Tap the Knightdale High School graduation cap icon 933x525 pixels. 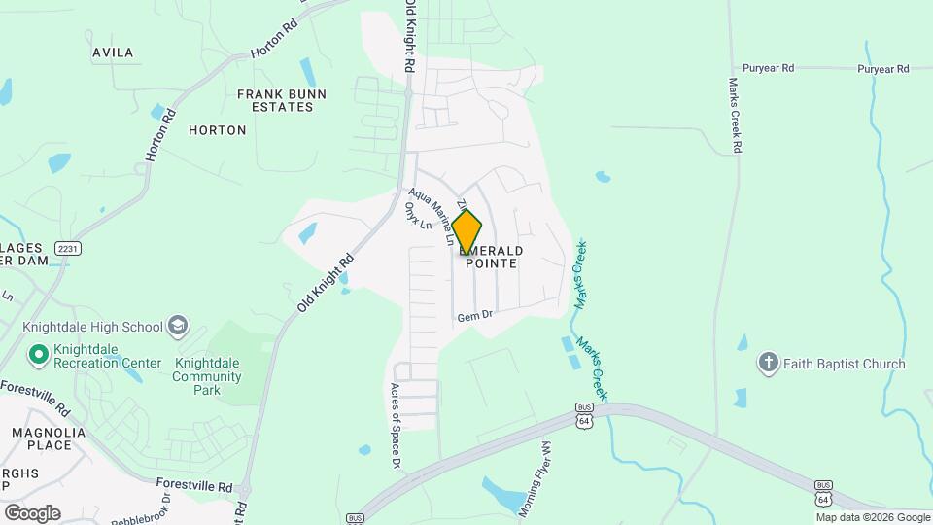[x=178, y=326]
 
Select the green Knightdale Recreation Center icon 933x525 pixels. [x=39, y=354]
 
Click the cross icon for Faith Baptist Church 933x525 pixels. [x=768, y=364]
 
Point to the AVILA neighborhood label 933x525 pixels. [x=113, y=52]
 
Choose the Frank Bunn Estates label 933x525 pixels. [x=282, y=100]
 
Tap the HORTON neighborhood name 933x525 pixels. [x=217, y=129]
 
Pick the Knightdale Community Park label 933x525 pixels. [x=207, y=376]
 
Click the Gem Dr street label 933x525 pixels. [x=476, y=315]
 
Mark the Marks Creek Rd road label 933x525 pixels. [x=736, y=115]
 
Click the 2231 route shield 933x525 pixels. [x=68, y=248]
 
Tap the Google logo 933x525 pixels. [x=32, y=513]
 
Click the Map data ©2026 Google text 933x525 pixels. [x=873, y=517]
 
